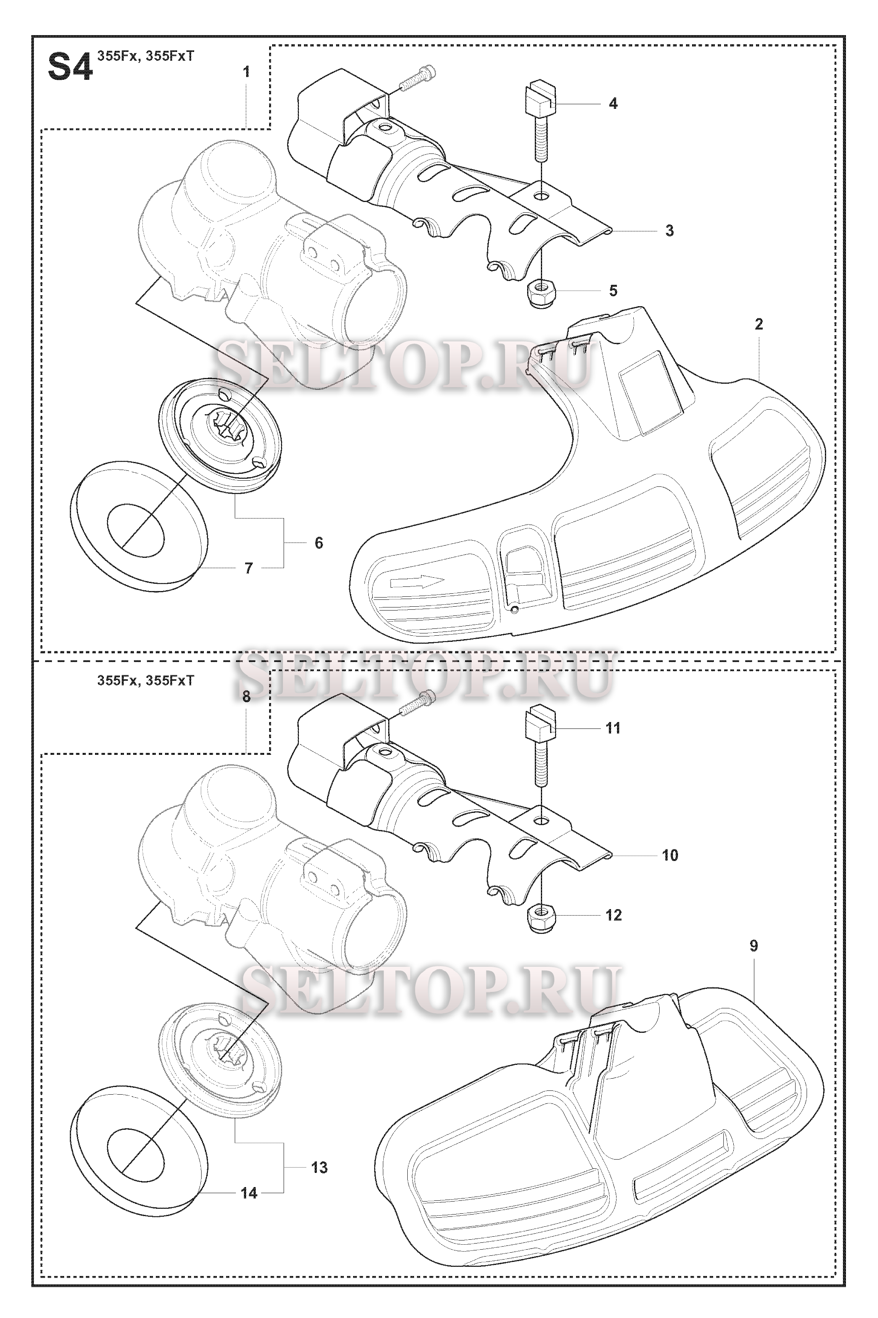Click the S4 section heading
coord(70,68)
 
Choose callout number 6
coord(319,543)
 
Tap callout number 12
coord(614,916)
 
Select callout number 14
coord(249,1194)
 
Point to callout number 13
coord(319,1168)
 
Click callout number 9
coord(754,946)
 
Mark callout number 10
coord(670,856)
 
